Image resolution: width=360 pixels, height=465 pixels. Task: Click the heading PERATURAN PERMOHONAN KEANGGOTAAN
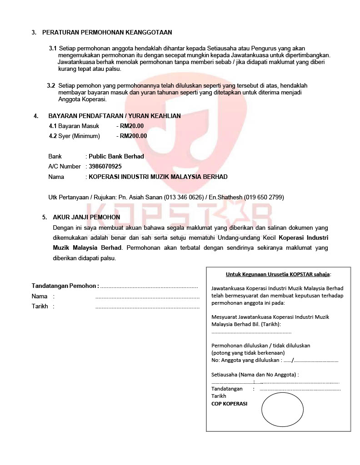pos(107,32)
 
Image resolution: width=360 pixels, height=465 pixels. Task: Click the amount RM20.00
pos(132,126)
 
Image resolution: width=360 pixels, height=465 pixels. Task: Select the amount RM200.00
pos(134,136)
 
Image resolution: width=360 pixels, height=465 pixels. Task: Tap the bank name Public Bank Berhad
pos(116,156)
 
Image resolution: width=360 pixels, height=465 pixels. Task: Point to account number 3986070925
pos(105,167)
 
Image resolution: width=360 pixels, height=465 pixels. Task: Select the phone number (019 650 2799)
pos(264,197)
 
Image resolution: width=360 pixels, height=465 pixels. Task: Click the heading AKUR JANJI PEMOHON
pos(86,218)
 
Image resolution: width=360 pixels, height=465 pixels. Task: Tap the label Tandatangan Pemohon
pos(65,286)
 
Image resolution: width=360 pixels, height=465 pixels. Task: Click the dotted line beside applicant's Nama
pos(147,297)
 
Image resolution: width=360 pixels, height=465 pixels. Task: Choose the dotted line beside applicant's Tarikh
pos(147,307)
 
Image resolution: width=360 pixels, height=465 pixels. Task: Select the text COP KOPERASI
pos(229,403)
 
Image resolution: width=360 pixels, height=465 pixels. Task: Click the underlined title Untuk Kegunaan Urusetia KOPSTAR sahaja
pos(278,274)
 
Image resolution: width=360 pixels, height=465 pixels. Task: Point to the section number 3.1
pos(53,48)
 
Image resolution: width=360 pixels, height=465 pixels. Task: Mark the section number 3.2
pos(51,85)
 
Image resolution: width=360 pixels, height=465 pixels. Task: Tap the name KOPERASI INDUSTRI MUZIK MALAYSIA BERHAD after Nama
pos(158,177)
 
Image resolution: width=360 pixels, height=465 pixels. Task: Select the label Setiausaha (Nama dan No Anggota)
pos(254,375)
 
